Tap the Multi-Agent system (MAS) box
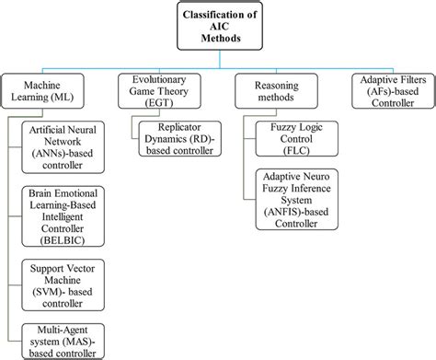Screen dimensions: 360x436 pyautogui.click(x=68, y=339)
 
